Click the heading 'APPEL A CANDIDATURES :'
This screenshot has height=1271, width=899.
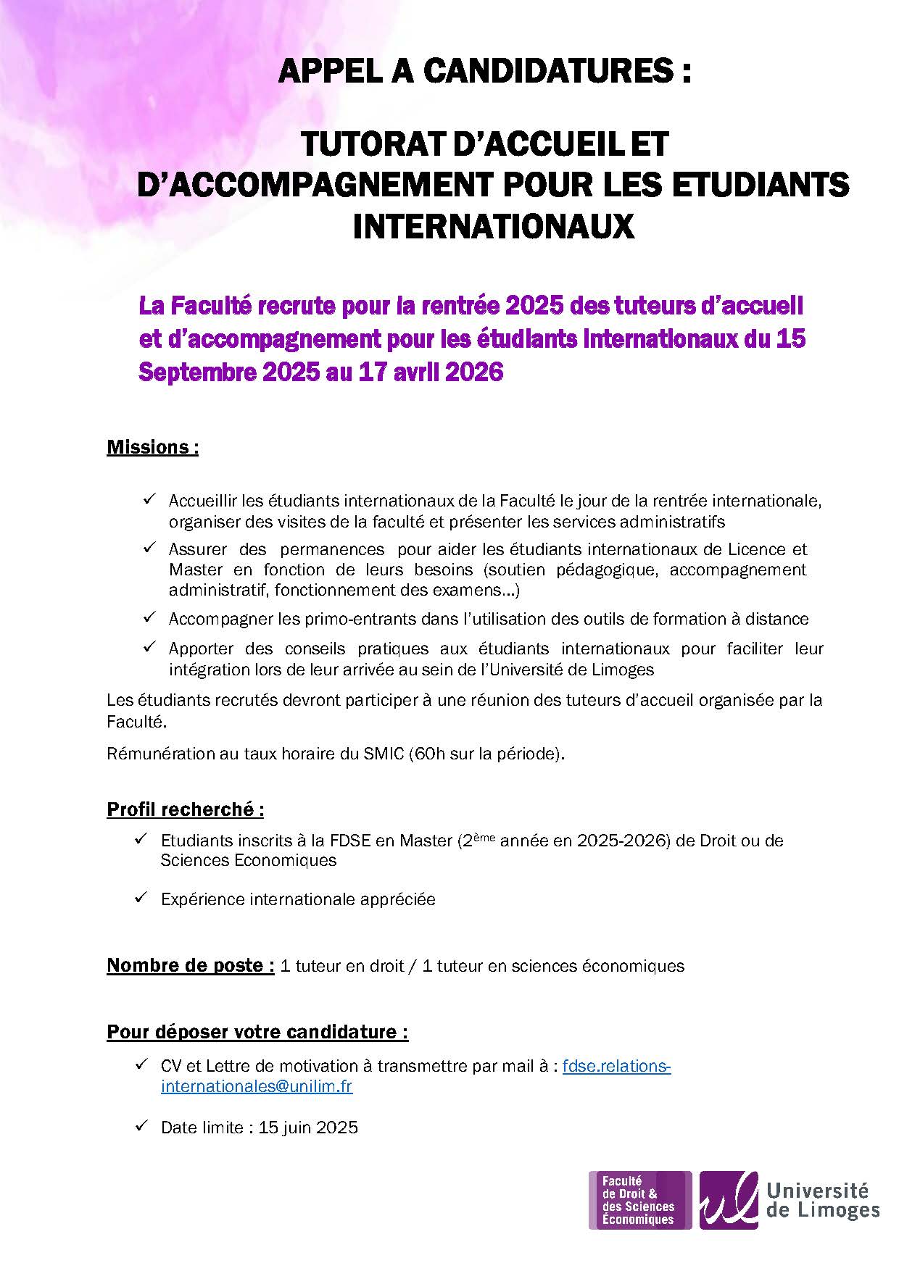(x=484, y=72)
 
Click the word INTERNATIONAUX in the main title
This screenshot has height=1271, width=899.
(x=493, y=226)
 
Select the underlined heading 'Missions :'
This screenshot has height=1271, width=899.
(x=152, y=447)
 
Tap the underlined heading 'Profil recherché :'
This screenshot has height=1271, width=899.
(x=185, y=809)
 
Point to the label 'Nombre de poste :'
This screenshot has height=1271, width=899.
(x=190, y=965)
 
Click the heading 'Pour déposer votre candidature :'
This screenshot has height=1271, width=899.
(x=257, y=1032)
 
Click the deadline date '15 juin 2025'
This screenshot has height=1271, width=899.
(x=308, y=1128)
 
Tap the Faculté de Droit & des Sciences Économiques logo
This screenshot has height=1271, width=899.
(x=639, y=1200)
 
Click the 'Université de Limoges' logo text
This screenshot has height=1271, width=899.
(x=822, y=1200)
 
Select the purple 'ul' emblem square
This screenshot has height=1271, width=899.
(x=728, y=1200)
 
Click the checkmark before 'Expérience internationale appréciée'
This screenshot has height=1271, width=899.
(x=141, y=898)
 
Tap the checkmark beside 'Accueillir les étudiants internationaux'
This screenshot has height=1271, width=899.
(x=150, y=499)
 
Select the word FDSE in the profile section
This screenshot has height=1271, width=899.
(x=350, y=841)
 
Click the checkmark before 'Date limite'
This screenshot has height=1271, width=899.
(x=141, y=1126)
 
